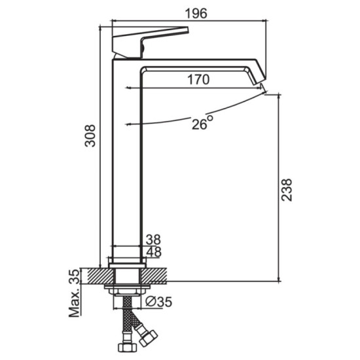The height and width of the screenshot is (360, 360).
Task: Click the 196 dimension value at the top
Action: (x=196, y=14)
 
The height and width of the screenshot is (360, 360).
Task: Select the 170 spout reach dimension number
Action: (x=198, y=80)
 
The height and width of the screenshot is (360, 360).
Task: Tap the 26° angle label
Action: (x=202, y=123)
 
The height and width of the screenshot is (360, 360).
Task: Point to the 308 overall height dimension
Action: (x=90, y=135)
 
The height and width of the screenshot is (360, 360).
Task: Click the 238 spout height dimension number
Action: (x=287, y=190)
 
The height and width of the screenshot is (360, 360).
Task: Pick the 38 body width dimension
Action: (x=154, y=240)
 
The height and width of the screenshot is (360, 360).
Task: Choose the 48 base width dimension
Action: (x=154, y=252)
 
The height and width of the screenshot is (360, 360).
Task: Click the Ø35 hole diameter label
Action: (x=159, y=302)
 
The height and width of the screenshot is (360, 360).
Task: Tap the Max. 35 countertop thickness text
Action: (x=75, y=293)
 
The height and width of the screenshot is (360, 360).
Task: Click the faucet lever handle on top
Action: (x=149, y=43)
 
